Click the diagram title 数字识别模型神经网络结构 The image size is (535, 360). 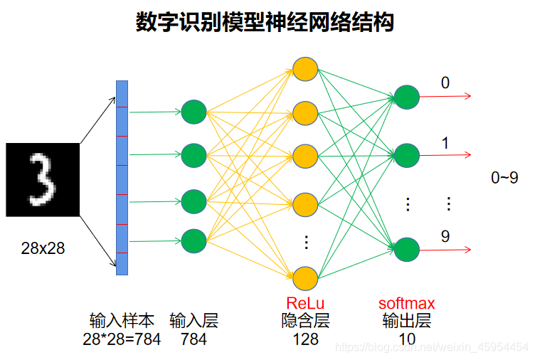(x=265, y=22)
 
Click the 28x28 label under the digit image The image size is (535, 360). (x=43, y=248)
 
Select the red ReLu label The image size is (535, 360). (x=305, y=305)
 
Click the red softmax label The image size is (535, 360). (x=406, y=305)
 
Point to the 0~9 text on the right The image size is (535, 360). (x=504, y=178)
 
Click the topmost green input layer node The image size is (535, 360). (x=194, y=112)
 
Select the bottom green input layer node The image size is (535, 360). (x=194, y=241)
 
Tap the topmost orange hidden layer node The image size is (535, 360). (x=305, y=70)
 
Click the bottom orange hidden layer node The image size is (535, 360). (x=305, y=277)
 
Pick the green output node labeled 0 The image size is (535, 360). (x=406, y=97)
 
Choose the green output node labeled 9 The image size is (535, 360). (x=406, y=250)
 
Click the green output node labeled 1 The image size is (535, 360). (x=406, y=154)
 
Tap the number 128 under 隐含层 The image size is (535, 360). (x=305, y=339)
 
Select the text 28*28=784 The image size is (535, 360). (x=122, y=339)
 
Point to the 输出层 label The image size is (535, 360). (x=406, y=321)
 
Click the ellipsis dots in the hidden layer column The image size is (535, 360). (x=306, y=243)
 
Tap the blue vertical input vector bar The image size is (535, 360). (x=122, y=176)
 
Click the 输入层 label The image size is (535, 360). (x=194, y=321)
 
